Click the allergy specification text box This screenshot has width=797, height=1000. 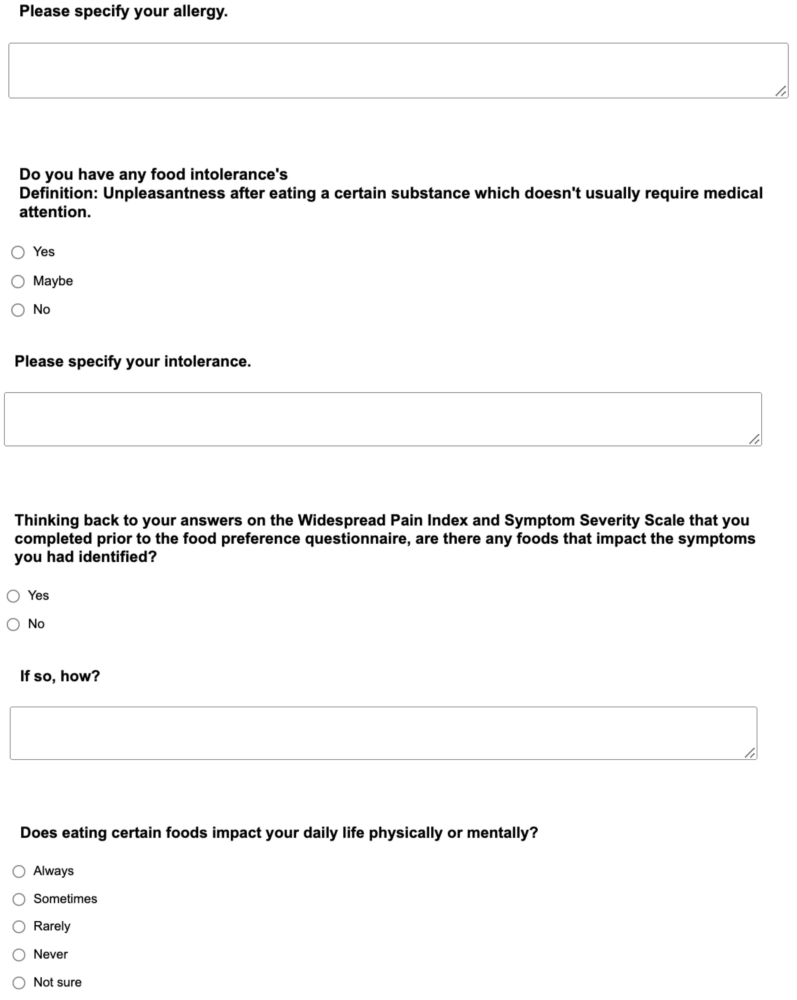[398, 71]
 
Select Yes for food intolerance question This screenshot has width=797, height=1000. [18, 252]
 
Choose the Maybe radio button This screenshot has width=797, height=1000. [18, 282]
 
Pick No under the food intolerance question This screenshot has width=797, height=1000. [18, 310]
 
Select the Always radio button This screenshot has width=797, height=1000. [19, 871]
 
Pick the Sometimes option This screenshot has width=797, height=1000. [19, 899]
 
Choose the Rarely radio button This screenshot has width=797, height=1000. [19, 927]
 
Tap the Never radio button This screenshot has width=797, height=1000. [19, 955]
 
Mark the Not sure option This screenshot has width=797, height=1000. [19, 982]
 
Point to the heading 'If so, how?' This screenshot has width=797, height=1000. [60, 676]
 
